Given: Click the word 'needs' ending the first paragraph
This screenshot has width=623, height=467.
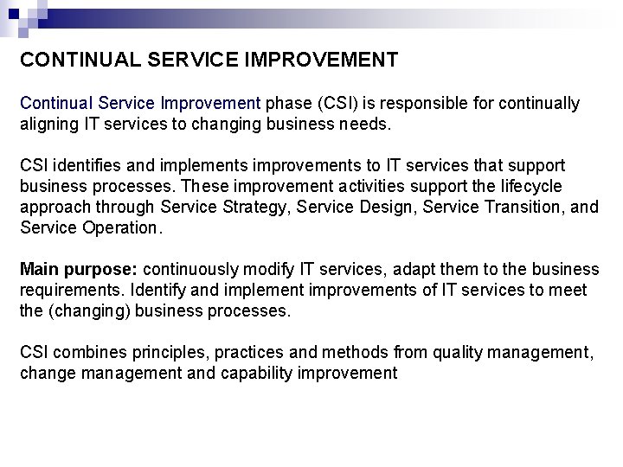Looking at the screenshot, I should pyautogui.click(x=369, y=125).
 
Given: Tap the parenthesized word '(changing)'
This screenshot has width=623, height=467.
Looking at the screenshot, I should pyautogui.click(x=85, y=311).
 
